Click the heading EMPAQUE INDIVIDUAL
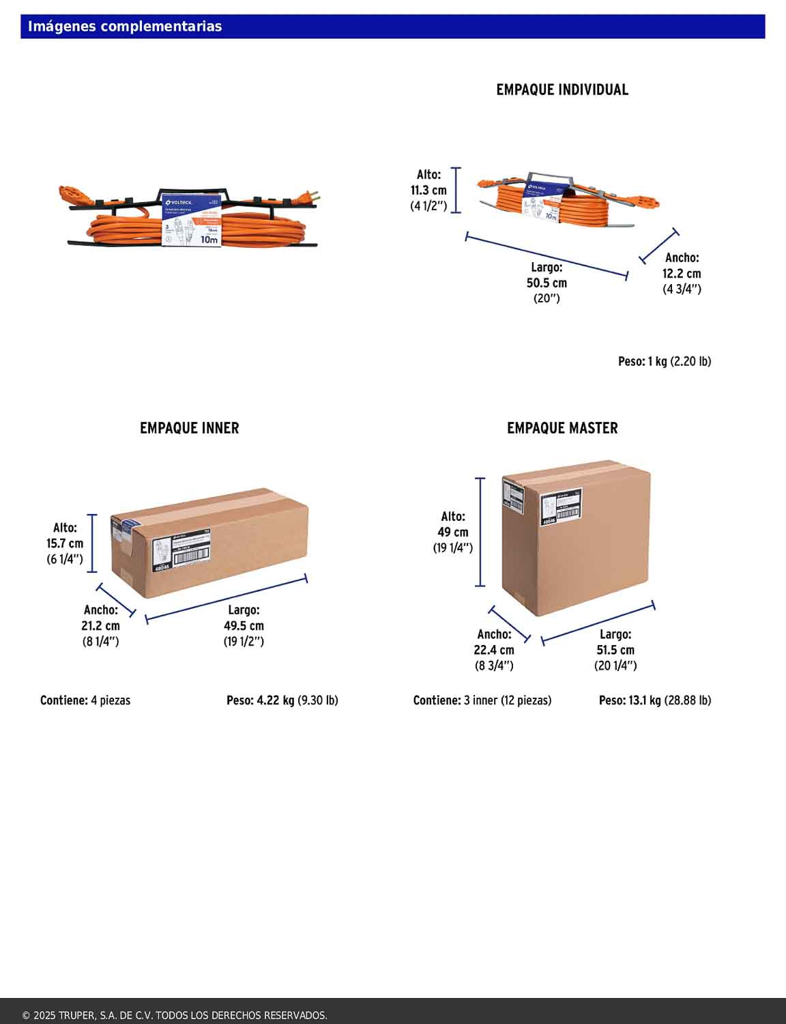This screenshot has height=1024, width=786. tap(562, 89)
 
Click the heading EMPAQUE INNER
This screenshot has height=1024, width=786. tap(189, 428)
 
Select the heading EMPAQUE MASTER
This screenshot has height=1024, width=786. tap(562, 428)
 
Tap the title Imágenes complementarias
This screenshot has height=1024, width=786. tap(125, 27)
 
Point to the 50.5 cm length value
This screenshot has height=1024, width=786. tap(547, 283)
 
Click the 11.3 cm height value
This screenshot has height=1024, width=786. tap(428, 190)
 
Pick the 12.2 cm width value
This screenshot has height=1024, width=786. tap(682, 273)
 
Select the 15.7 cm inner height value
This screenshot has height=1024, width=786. tap(65, 543)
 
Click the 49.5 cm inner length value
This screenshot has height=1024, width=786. tap(244, 625)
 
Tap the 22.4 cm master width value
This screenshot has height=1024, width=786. tap(494, 650)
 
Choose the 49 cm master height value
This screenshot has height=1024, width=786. tap(453, 532)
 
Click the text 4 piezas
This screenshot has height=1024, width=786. tap(111, 700)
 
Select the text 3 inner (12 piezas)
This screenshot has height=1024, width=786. tap(508, 700)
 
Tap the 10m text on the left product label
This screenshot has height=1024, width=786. tap(209, 240)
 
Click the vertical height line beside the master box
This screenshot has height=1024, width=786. tap(480, 532)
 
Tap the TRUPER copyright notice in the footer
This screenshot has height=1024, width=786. tap(175, 1015)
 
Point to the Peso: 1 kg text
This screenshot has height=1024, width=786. tap(642, 361)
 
